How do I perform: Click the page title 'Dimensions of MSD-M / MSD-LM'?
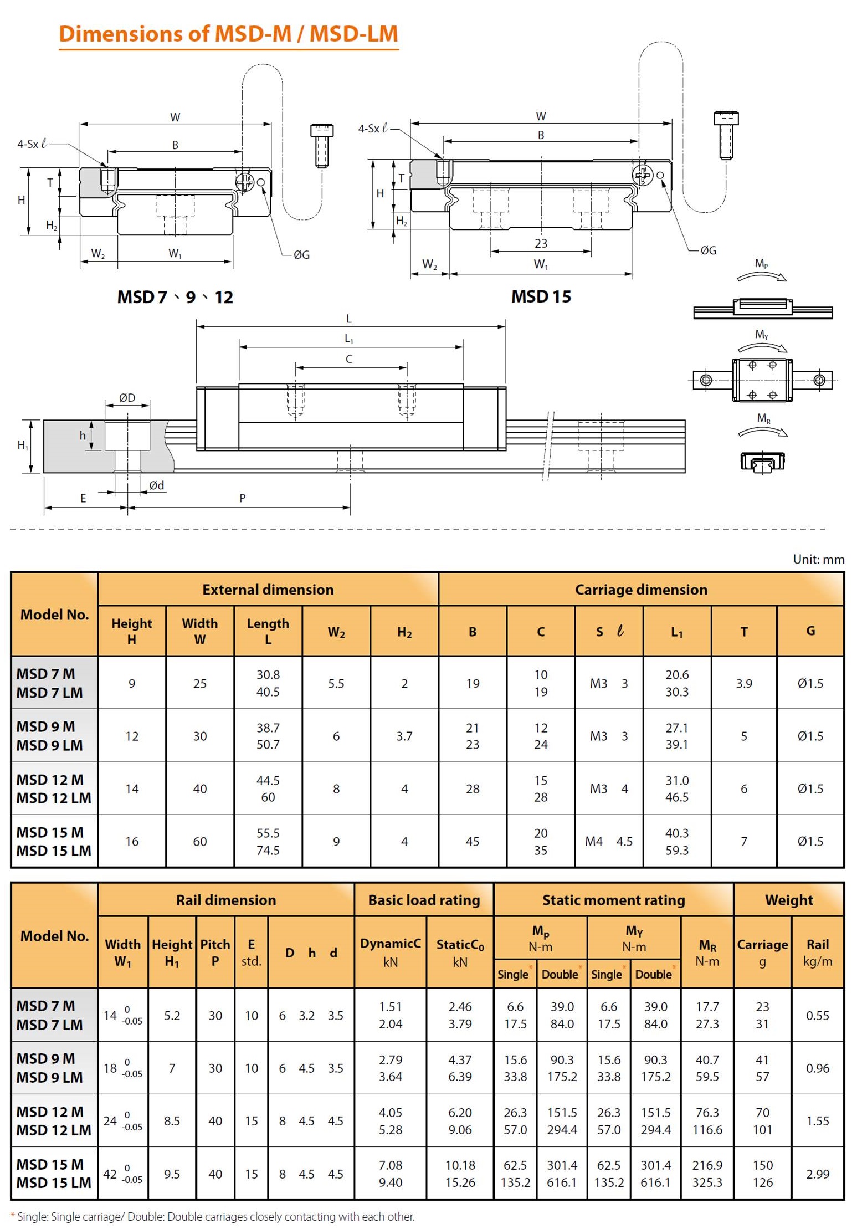click(228, 34)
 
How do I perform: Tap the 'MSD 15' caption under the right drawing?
click(541, 296)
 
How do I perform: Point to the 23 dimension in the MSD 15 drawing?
click(541, 243)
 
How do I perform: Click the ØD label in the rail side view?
click(127, 397)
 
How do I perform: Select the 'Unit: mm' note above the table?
click(818, 559)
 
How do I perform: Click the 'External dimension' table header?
click(268, 590)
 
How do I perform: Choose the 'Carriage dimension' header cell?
click(641, 590)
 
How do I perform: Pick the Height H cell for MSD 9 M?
click(132, 736)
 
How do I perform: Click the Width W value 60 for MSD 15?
click(200, 841)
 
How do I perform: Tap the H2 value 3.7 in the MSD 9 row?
click(404, 736)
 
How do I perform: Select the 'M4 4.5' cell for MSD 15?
click(609, 841)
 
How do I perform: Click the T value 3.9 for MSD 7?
click(744, 683)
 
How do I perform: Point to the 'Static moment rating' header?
click(613, 900)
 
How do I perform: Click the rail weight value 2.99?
click(818, 1174)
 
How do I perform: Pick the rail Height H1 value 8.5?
click(172, 1120)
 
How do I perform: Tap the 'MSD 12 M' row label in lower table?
click(50, 1112)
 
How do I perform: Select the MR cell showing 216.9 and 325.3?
click(707, 1174)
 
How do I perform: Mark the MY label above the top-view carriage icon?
click(762, 335)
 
